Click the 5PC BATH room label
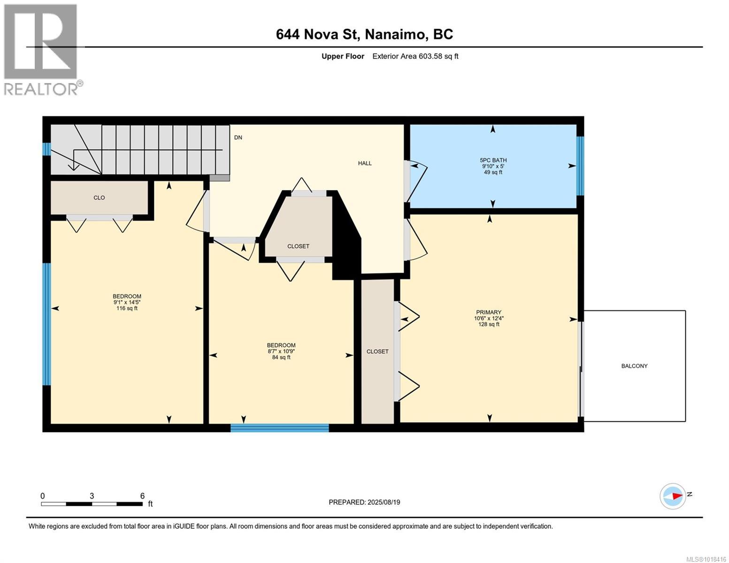493,160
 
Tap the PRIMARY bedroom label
489,312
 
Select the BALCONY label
634,366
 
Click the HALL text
365,163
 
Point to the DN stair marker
238,137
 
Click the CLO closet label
99,198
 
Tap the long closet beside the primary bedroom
377,351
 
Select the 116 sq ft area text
127,308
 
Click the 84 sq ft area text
281,357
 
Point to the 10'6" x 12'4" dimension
489,318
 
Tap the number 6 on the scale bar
142,496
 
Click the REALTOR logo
41,49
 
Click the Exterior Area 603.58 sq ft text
415,56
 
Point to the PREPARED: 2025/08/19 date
364,502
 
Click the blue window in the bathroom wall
580,166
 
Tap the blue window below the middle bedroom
280,427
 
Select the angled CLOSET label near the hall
298,246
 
